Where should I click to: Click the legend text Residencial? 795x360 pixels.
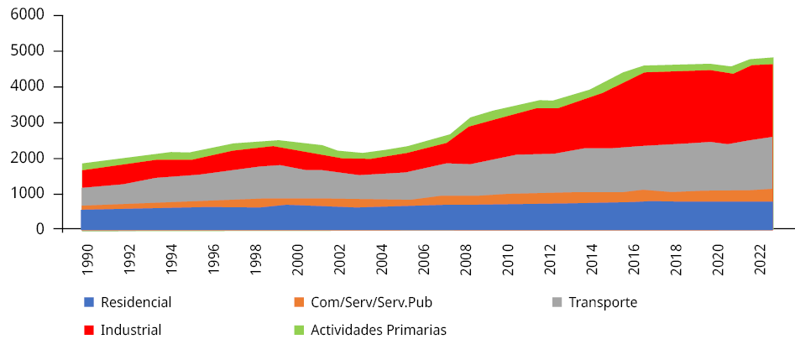click(x=136, y=302)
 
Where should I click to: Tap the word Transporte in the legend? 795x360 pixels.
click(x=603, y=302)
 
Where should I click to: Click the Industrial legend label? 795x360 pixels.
click(x=131, y=330)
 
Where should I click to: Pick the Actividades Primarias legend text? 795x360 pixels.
click(x=379, y=330)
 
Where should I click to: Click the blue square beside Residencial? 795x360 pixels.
click(x=89, y=302)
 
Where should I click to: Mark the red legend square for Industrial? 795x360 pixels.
click(x=89, y=330)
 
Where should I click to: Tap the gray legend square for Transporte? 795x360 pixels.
click(x=557, y=302)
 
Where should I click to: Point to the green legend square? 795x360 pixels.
click(x=299, y=330)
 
